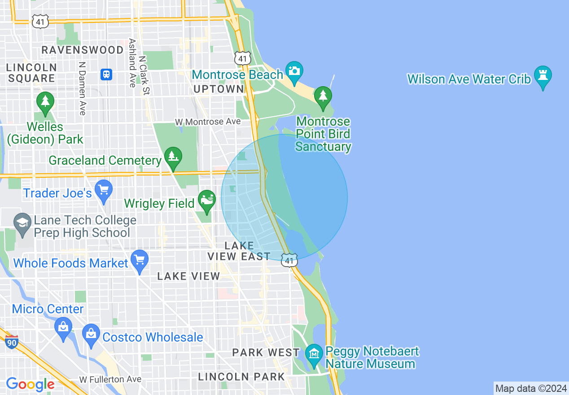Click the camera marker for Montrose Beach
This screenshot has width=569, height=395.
tap(294, 71)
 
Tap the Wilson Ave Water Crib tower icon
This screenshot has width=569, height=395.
tap(543, 75)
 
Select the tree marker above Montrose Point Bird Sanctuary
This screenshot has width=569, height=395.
tap(323, 96)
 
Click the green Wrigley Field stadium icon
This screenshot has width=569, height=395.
tap(207, 200)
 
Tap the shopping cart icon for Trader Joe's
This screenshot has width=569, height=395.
tap(104, 190)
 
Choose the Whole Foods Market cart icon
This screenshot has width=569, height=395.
tap(139, 260)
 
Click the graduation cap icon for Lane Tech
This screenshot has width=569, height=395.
tap(22, 223)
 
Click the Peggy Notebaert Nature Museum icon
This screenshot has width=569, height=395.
tap(314, 354)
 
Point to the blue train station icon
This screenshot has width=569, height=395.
tap(106, 74)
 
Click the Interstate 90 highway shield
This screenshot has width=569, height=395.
tap(12, 342)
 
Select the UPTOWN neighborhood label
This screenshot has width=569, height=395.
tap(218, 89)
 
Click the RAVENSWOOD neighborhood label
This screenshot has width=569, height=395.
tap(82, 50)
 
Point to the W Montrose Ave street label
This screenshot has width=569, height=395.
tap(208, 122)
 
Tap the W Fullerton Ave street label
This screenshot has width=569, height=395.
tap(110, 380)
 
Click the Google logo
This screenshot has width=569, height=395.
tap(30, 384)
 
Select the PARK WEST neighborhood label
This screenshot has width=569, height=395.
tap(266, 352)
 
